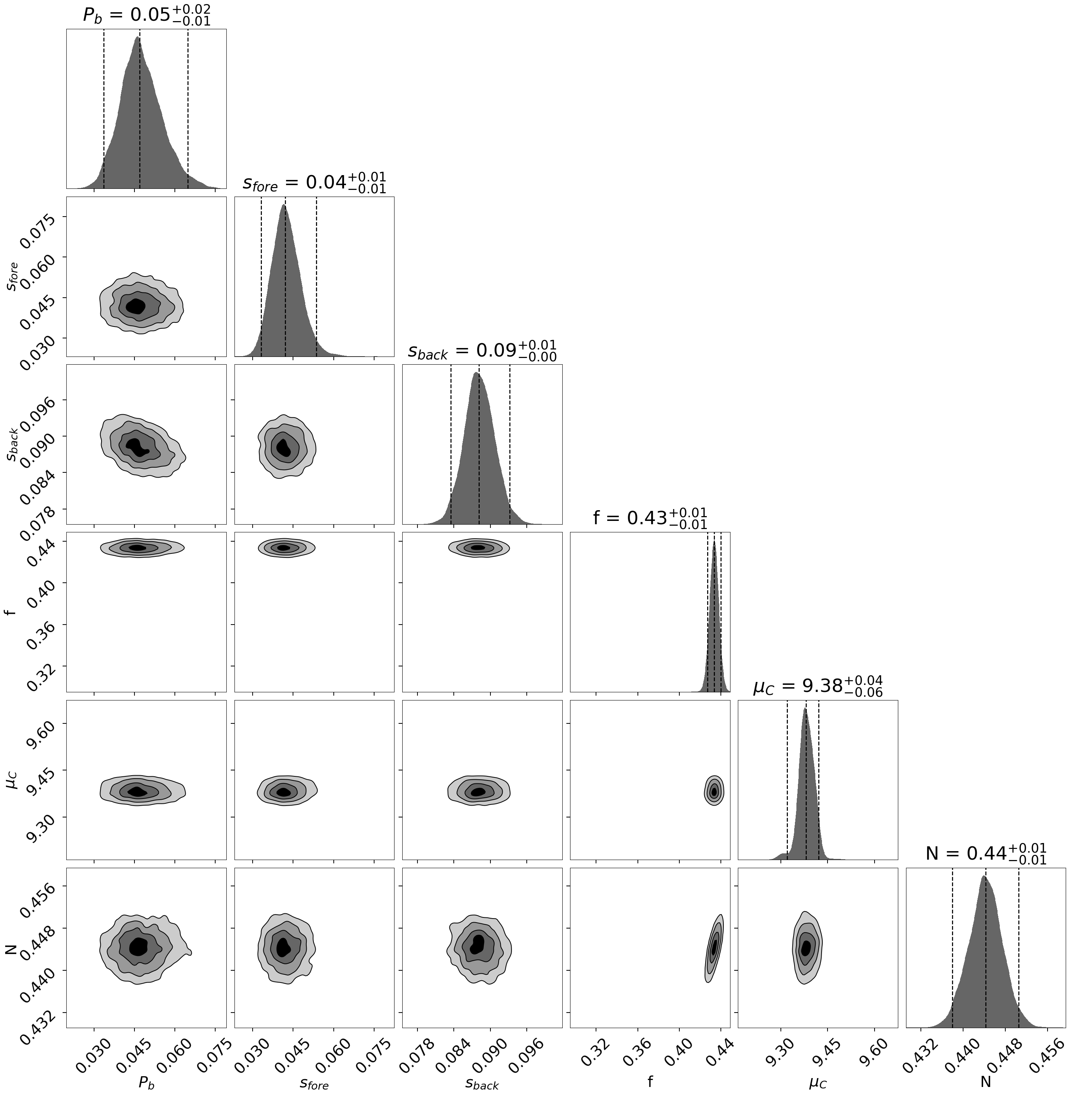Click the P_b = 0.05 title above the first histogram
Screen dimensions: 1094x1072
[x=146, y=15]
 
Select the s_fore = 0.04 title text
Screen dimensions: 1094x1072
[x=314, y=183]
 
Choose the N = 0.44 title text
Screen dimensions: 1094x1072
[x=985, y=854]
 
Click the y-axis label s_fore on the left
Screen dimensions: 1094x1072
[x=12, y=276]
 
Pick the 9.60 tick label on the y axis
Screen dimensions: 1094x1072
[x=40, y=728]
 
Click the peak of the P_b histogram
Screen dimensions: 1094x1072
[x=137, y=38]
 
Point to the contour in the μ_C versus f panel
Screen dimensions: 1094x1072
[x=714, y=791]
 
